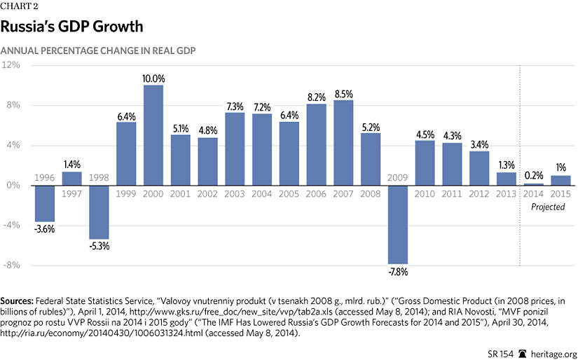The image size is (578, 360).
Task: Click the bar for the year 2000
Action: pos(153,135)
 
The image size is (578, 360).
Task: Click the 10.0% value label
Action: pos(153,78)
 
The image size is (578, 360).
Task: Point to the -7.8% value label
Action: pos(399,270)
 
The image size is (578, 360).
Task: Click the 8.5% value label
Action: pos(344,94)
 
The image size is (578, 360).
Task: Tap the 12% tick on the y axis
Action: pos(11,65)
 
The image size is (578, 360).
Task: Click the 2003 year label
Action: pos(235,193)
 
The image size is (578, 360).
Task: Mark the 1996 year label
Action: pos(45,178)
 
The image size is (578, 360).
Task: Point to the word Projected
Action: pos(548,207)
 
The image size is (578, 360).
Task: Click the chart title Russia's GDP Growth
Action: pos(71,27)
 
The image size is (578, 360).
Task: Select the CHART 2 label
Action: pos(20,6)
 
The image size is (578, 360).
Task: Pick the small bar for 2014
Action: pos(535,184)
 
